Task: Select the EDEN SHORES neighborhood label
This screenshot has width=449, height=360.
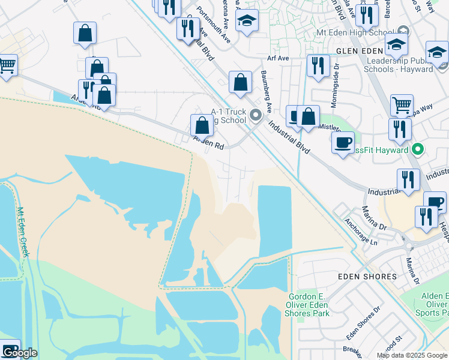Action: (368, 277)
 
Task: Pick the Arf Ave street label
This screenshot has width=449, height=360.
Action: (279, 58)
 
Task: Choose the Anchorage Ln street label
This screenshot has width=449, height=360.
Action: (361, 232)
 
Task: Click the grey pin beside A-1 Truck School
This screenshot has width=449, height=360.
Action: (256, 114)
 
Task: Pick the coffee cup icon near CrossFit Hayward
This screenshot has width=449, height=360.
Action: (343, 143)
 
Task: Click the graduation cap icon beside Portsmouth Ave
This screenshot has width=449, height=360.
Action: (247, 21)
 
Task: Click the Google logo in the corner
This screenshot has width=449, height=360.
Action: (19, 352)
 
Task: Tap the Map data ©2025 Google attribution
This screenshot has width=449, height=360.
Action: (412, 355)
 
